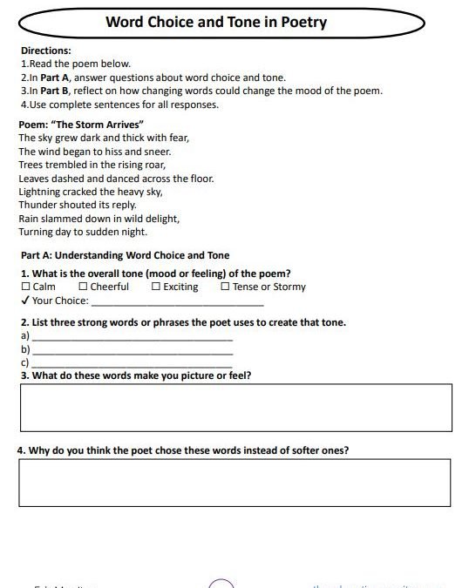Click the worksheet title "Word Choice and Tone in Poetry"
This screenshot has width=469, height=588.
click(215, 23)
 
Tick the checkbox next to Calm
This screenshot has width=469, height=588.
click(25, 287)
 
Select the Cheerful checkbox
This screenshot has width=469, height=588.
click(83, 287)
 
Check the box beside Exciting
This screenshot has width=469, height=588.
click(156, 287)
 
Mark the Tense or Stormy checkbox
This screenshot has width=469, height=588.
click(225, 287)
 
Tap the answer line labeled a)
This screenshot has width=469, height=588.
click(132, 336)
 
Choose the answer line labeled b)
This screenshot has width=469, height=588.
click(132, 350)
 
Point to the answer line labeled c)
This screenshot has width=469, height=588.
click(132, 363)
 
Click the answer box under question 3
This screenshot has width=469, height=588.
click(235, 407)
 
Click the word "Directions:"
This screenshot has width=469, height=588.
click(45, 51)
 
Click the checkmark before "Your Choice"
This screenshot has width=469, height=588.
click(24, 301)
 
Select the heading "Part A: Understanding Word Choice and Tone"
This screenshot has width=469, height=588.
click(125, 255)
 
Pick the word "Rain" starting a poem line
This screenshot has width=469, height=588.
click(29, 219)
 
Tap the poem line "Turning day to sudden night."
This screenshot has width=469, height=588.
click(83, 233)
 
